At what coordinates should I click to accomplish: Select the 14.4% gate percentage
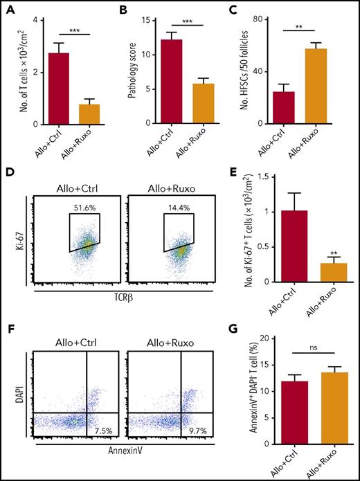click(x=177, y=206)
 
